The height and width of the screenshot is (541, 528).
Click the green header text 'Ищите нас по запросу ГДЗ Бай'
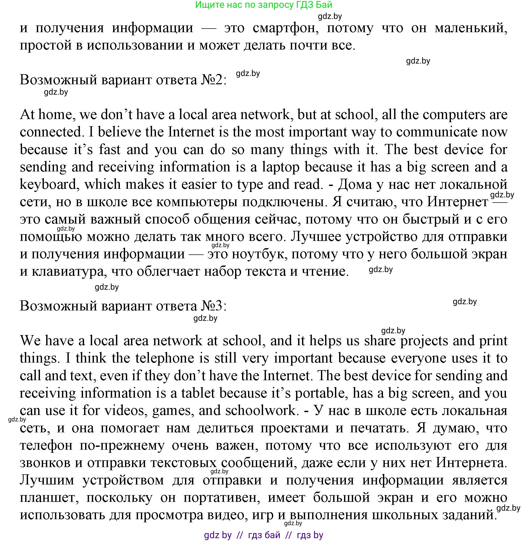[263, 5]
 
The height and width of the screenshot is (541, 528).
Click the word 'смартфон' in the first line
[285, 28]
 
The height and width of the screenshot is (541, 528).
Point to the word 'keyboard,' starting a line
[48, 185]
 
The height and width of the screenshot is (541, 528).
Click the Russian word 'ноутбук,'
[259, 254]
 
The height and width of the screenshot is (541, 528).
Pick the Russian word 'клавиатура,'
[69, 272]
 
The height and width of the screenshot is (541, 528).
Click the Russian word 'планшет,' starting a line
[49, 498]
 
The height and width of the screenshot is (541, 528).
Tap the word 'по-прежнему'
[122, 446]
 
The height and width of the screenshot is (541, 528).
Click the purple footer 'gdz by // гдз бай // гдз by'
[263, 535]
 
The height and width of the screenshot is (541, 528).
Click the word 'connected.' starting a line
[52, 132]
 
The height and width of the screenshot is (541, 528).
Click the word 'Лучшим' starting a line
[47, 480]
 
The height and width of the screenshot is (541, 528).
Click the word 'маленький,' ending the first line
[471, 28]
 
